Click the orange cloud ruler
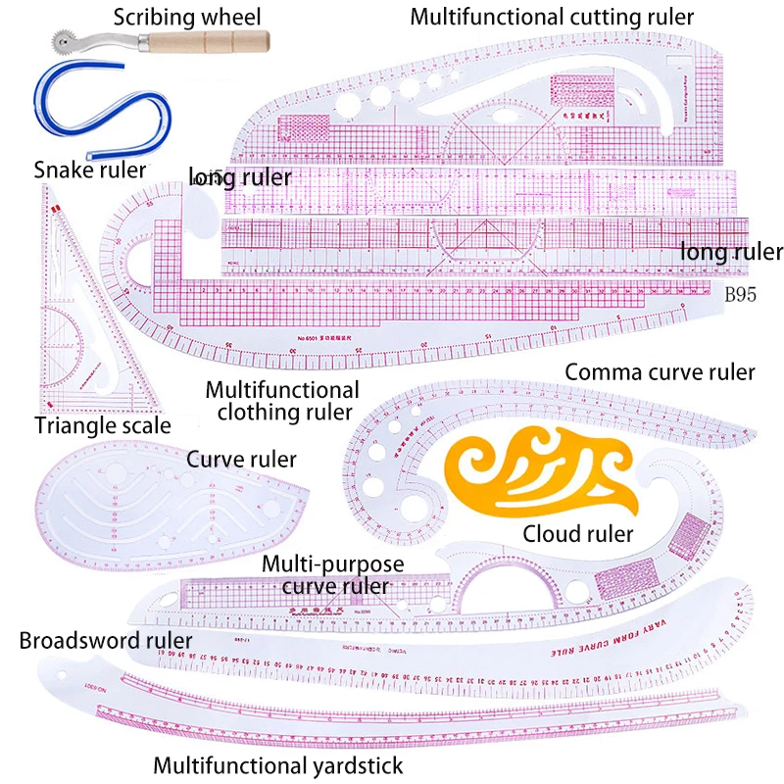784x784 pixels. [x=545, y=473]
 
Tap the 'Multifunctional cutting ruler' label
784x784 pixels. [x=552, y=17]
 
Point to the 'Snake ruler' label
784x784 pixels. [x=90, y=170]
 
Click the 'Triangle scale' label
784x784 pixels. [x=103, y=425]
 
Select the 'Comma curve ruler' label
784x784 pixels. [x=661, y=372]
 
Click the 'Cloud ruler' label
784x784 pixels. [x=578, y=534]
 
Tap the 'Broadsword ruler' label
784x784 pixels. [x=106, y=641]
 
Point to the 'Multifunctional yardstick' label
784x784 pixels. [x=278, y=763]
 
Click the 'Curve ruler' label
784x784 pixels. [x=241, y=459]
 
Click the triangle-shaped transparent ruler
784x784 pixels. [x=69, y=323]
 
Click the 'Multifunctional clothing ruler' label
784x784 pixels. [x=282, y=401]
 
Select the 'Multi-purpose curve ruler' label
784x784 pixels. [x=334, y=575]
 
